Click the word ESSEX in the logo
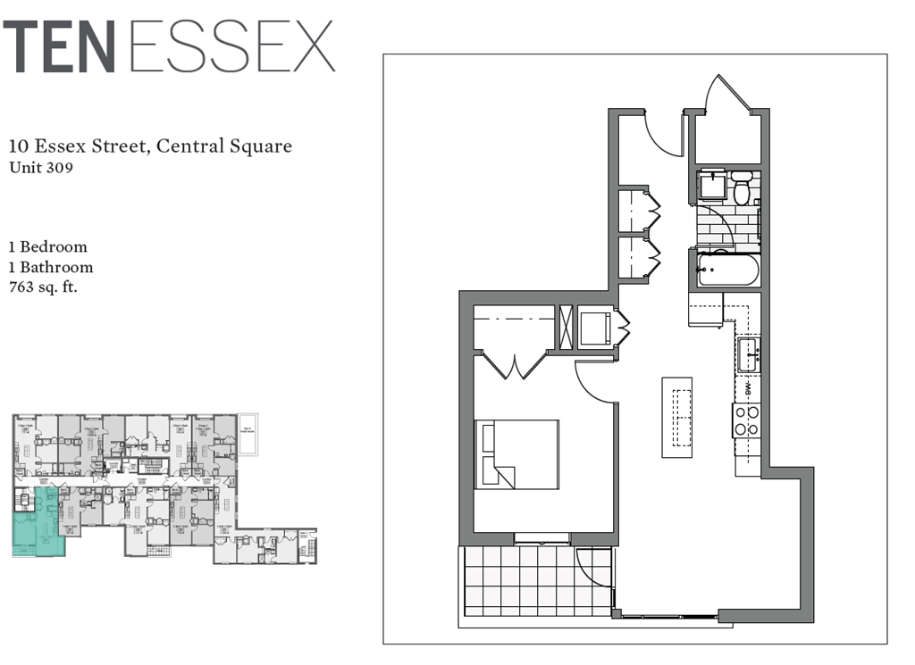pyautogui.click(x=231, y=46)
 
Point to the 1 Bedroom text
pyautogui.click(x=48, y=246)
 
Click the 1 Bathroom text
pyautogui.click(x=51, y=267)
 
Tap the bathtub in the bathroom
pyautogui.click(x=727, y=269)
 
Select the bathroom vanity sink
pyautogui.click(x=713, y=186)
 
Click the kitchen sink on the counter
pyautogui.click(x=748, y=354)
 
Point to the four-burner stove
pyautogui.click(x=746, y=420)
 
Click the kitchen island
pyautogui.click(x=676, y=417)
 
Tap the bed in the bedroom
pyautogui.click(x=517, y=453)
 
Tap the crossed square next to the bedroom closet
pyautogui.click(x=565, y=328)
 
